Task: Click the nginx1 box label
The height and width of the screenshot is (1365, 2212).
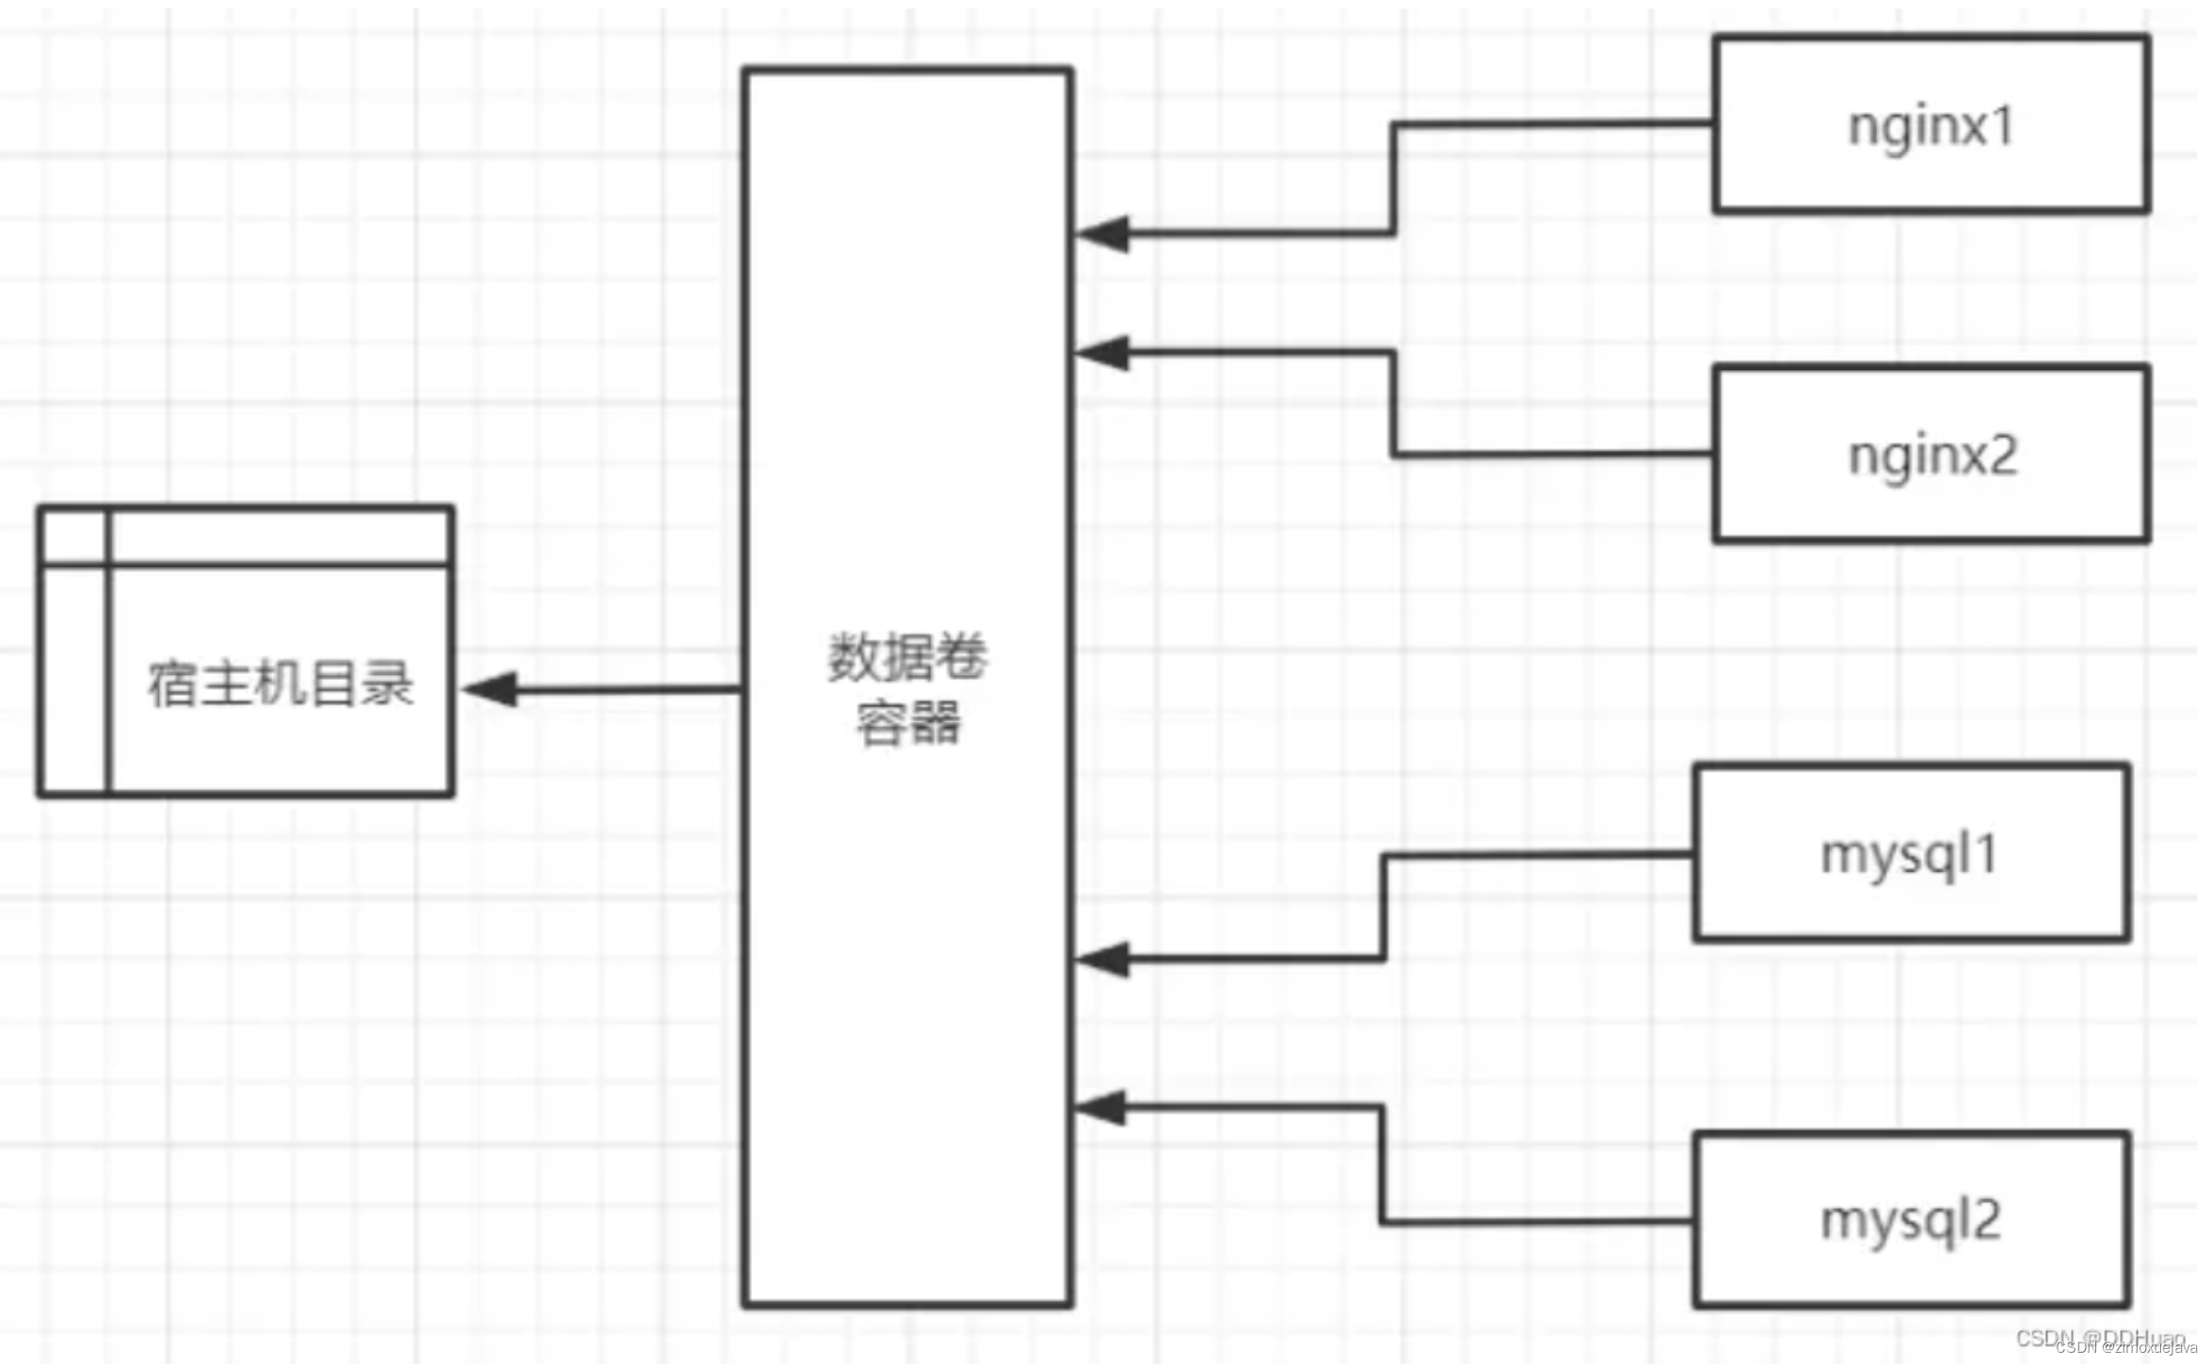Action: tap(1931, 125)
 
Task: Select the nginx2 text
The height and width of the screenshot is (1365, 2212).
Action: tap(1933, 457)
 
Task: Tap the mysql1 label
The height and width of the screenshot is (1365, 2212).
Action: tap(1908, 856)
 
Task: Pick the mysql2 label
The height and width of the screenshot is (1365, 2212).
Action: tap(1910, 1221)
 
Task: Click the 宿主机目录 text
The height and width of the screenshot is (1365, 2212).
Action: tap(281, 683)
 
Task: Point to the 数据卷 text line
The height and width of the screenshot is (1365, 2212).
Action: tap(907, 657)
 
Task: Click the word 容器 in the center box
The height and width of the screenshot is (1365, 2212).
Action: tap(907, 723)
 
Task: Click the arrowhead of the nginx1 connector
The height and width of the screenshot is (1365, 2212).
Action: tap(1103, 233)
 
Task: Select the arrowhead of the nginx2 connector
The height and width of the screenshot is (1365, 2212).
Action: tap(1103, 353)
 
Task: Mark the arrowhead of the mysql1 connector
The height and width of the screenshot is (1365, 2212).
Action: tap(1103, 959)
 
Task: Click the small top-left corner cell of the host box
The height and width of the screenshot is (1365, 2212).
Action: tap(74, 537)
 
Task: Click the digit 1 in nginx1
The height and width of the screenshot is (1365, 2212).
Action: tap(2002, 125)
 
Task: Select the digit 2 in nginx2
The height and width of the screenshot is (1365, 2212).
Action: tap(2003, 457)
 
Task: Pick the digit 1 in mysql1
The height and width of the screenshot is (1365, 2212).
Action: tap(1983, 855)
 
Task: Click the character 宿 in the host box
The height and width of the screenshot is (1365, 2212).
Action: tap(171, 683)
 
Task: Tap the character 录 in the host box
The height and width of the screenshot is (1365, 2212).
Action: tap(388, 683)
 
